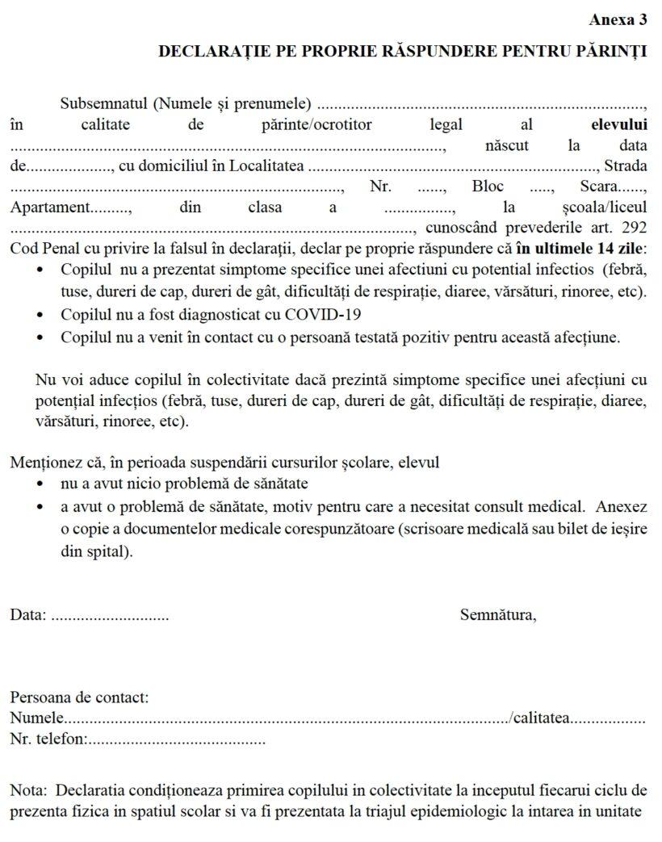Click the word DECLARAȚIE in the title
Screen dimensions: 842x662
[205, 52]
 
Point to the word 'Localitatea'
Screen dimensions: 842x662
[266, 166]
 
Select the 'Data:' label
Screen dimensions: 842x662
[27, 615]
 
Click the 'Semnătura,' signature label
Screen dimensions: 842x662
[498, 615]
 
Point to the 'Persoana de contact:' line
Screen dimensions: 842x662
[79, 697]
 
